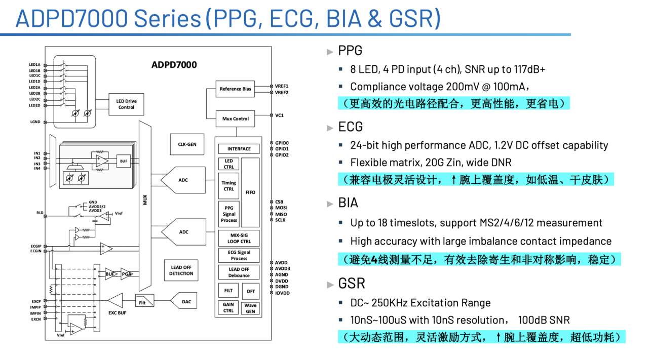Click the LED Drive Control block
(126, 104)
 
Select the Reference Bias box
(235, 89)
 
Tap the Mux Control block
(236, 118)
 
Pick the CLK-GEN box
(187, 144)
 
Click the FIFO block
(250, 192)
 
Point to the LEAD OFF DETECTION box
(181, 270)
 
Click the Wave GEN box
(250, 308)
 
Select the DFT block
(250, 291)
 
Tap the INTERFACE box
(239, 149)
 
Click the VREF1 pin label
(282, 86)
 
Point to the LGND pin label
(35, 122)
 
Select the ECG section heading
(351, 127)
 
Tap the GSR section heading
(352, 283)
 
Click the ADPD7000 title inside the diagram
(174, 65)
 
